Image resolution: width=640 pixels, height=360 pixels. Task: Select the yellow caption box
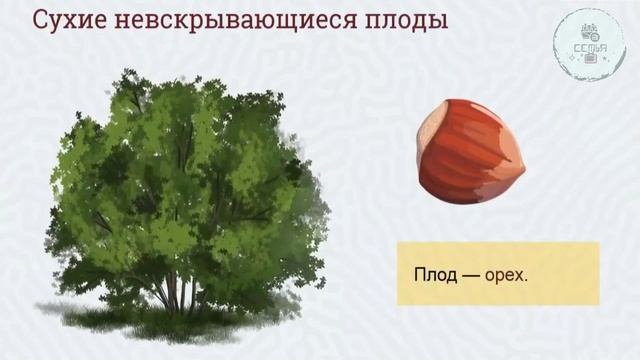497,272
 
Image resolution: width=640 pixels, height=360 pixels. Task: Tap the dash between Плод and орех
472,273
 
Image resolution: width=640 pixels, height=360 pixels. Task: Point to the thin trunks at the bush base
180,295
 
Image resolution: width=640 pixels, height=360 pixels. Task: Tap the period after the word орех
527,278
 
